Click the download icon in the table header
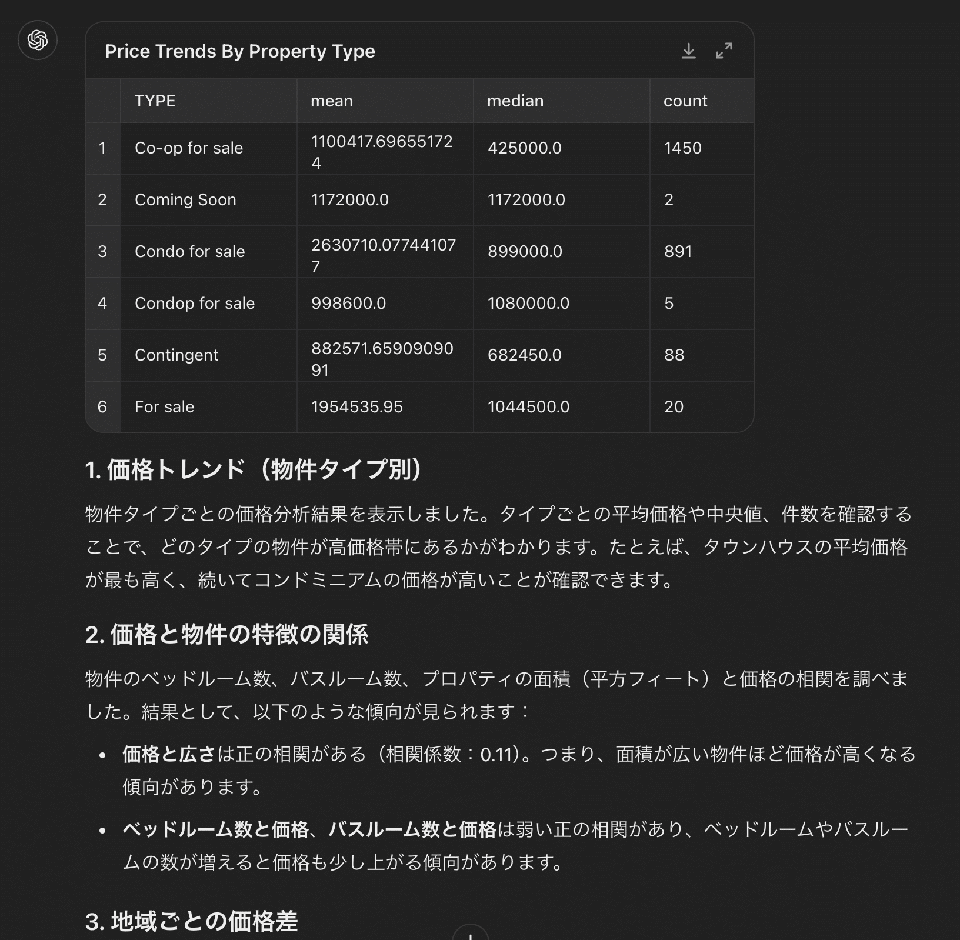[688, 51]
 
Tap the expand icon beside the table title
[724, 51]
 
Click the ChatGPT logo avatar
[38, 40]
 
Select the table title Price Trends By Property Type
[239, 51]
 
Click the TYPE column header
[155, 101]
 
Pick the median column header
[515, 101]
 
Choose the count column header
[685, 101]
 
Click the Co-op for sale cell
[188, 148]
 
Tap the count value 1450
[682, 148]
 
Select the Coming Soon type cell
[185, 199]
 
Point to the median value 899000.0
[525, 251]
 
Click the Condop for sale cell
[195, 303]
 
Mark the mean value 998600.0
[348, 303]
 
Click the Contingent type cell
[176, 355]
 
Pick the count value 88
[674, 355]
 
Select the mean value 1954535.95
[356, 406]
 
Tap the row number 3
[102, 251]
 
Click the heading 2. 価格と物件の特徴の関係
[226, 635]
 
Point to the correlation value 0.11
[496, 754]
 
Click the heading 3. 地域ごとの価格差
[191, 921]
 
